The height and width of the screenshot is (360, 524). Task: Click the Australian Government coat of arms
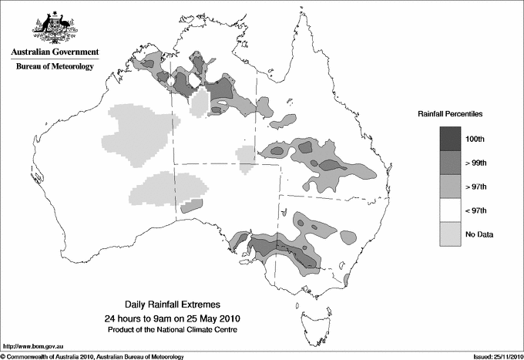(x=54, y=26)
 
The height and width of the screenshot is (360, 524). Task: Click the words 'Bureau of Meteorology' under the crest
(x=55, y=67)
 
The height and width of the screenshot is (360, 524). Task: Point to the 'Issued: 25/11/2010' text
(x=492, y=355)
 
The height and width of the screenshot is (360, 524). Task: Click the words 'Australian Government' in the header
(x=55, y=53)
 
